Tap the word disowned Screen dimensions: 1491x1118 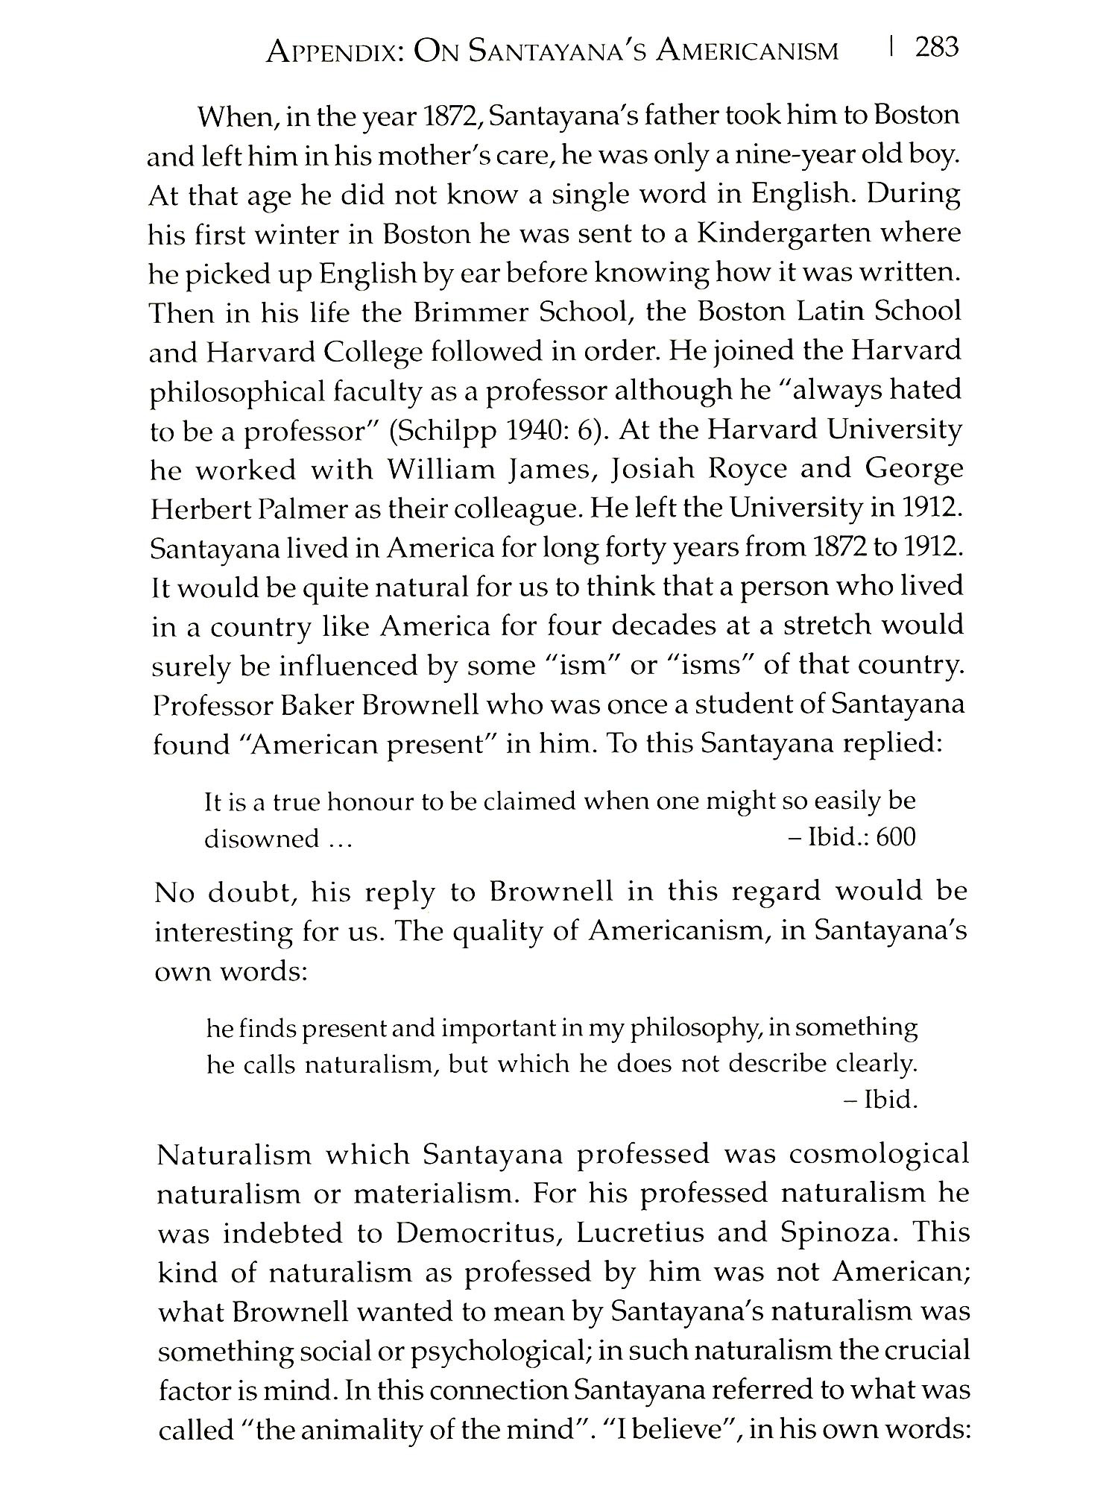(x=262, y=839)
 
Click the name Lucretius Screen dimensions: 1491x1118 (x=640, y=1232)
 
